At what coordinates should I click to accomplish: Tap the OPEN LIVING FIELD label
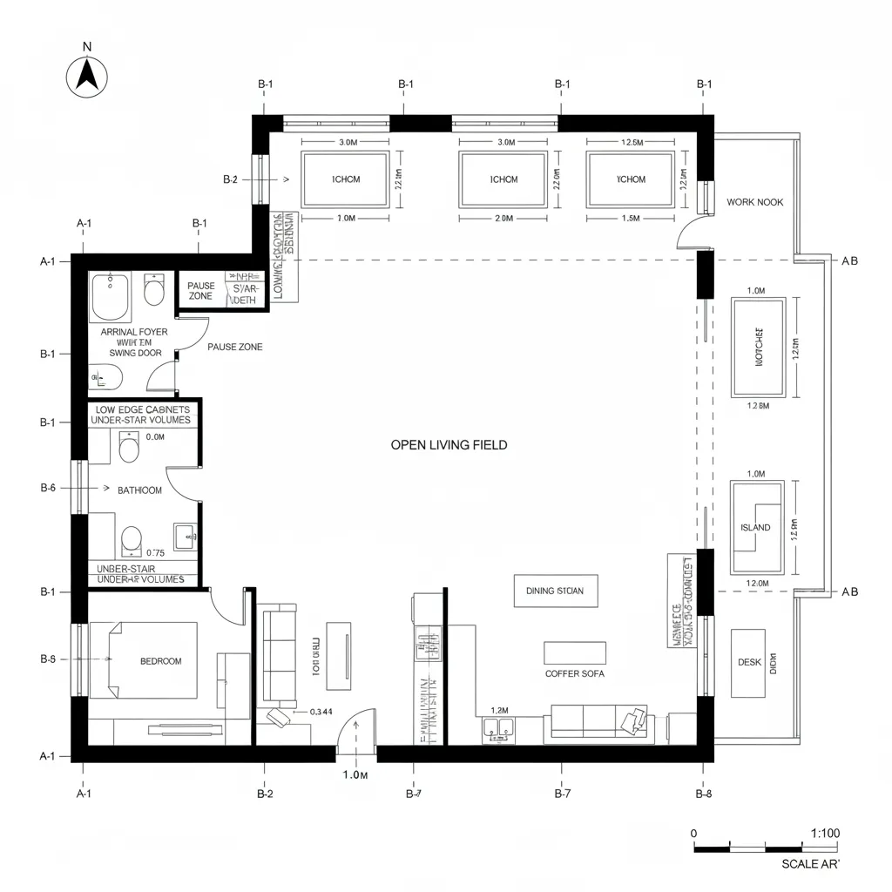pyautogui.click(x=449, y=445)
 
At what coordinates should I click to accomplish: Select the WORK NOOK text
pyautogui.click(x=754, y=202)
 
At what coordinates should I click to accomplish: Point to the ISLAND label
pyautogui.click(x=755, y=528)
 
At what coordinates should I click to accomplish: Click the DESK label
pyautogui.click(x=748, y=662)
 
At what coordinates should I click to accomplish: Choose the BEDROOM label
pyautogui.click(x=161, y=661)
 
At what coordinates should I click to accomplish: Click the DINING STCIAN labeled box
pyautogui.click(x=556, y=591)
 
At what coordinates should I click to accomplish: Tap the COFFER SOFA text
pyautogui.click(x=574, y=673)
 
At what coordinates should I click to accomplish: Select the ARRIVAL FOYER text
pyautogui.click(x=134, y=332)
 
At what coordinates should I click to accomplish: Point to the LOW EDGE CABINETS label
pyautogui.click(x=144, y=409)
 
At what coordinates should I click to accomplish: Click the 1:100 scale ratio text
pyautogui.click(x=824, y=833)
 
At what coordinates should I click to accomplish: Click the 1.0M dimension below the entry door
pyautogui.click(x=355, y=774)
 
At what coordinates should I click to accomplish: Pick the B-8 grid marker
pyautogui.click(x=704, y=794)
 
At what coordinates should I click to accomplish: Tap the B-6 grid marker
pyautogui.click(x=48, y=489)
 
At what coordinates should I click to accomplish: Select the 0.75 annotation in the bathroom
pyautogui.click(x=156, y=552)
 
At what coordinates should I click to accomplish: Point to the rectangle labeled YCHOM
pyautogui.click(x=630, y=179)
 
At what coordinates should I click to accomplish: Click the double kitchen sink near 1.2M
pyautogui.click(x=497, y=729)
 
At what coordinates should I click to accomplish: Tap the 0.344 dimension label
pyautogui.click(x=321, y=712)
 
